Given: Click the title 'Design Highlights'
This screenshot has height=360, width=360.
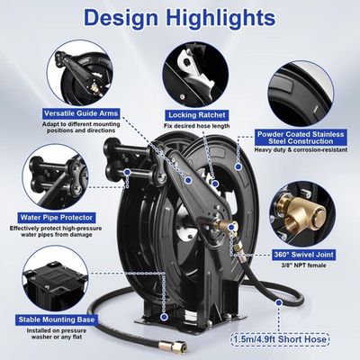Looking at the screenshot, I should (x=180, y=19).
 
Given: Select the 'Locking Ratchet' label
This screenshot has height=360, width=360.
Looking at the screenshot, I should (x=193, y=115).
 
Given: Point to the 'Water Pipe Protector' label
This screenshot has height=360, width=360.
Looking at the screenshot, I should (x=54, y=217).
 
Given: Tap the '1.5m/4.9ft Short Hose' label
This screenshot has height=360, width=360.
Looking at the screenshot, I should (x=293, y=341).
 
